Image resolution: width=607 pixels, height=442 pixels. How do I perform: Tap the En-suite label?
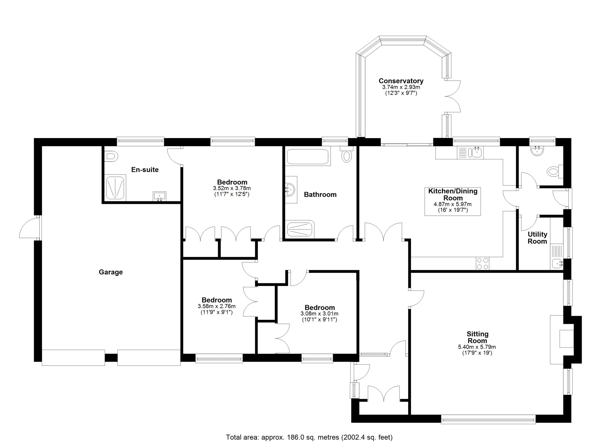coord(145,169)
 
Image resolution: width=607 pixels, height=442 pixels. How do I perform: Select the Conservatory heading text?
coord(401,81)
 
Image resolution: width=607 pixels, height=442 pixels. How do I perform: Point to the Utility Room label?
coord(537,238)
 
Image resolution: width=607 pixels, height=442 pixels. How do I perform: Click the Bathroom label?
coord(320,194)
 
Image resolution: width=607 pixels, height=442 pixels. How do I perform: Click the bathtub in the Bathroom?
coord(308,157)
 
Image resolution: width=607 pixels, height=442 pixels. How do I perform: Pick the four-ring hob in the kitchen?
coord(482,263)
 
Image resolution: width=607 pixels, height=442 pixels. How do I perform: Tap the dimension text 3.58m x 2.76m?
coord(216,306)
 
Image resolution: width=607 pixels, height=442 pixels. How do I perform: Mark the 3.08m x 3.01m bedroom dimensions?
coord(320,314)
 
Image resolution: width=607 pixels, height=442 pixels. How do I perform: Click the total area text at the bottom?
coord(309,437)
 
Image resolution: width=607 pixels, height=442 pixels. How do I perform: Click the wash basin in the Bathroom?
coord(291,190)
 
